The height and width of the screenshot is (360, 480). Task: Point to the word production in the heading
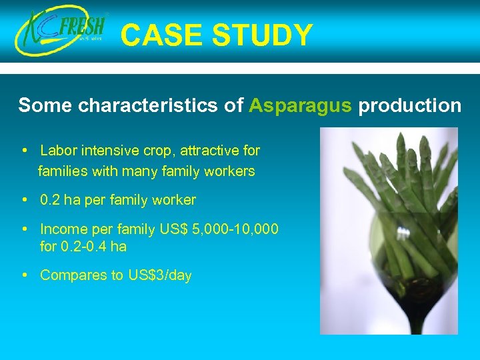(409, 105)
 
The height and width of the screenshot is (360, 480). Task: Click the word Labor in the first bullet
(57, 151)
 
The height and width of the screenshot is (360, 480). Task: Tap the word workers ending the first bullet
(230, 171)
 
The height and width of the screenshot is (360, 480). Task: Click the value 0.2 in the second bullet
(50, 200)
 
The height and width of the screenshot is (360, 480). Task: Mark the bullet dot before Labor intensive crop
(24, 151)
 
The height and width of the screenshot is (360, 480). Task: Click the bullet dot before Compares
(24, 275)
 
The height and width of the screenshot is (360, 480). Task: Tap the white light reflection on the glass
(403, 235)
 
